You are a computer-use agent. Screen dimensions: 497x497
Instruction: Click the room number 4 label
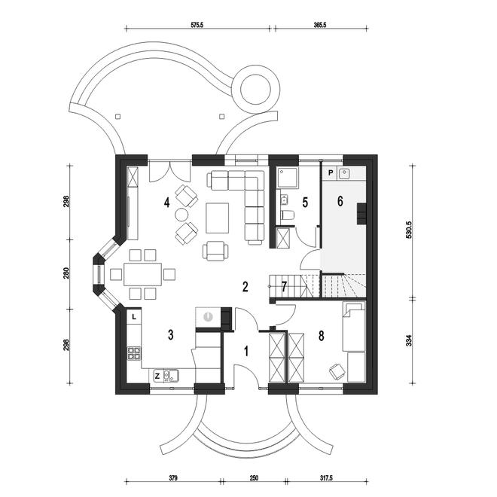[168, 203]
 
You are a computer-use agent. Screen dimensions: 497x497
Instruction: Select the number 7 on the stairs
[283, 286]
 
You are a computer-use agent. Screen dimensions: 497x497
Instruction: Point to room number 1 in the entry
[245, 349]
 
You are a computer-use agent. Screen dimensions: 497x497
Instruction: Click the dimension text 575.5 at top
[198, 26]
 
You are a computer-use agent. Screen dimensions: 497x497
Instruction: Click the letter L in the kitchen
[133, 316]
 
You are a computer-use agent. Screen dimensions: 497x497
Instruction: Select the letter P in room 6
[330, 172]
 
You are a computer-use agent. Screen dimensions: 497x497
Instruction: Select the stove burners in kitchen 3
[134, 352]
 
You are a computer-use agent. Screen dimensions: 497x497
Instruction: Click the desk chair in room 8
[336, 370]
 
